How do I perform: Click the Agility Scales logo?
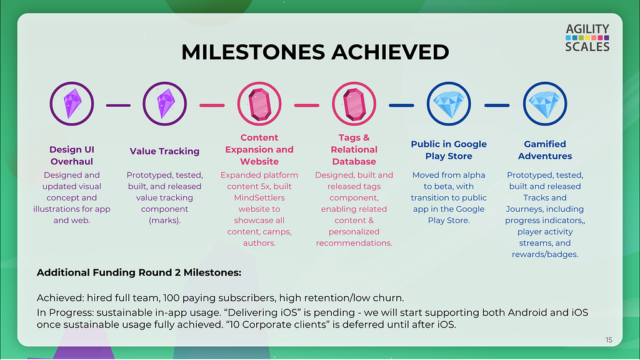(x=587, y=38)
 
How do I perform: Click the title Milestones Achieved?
(x=315, y=52)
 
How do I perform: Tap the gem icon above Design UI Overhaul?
(x=72, y=104)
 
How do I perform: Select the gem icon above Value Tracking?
(x=165, y=104)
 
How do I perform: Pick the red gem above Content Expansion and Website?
(x=259, y=104)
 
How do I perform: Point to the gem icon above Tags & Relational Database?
(x=354, y=104)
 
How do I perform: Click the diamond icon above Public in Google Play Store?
(x=449, y=104)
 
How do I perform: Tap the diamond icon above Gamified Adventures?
(x=545, y=104)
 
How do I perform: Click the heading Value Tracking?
(x=164, y=151)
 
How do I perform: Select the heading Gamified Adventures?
(x=545, y=150)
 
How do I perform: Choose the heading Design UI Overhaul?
(x=72, y=156)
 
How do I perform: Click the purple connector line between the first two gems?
(x=118, y=105)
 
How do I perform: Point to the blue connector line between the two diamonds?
(x=497, y=105)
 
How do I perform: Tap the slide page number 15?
(x=609, y=340)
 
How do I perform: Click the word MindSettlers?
(x=259, y=197)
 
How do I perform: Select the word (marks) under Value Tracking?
(x=164, y=221)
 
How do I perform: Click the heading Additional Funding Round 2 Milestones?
(x=139, y=272)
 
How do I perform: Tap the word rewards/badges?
(x=545, y=254)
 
